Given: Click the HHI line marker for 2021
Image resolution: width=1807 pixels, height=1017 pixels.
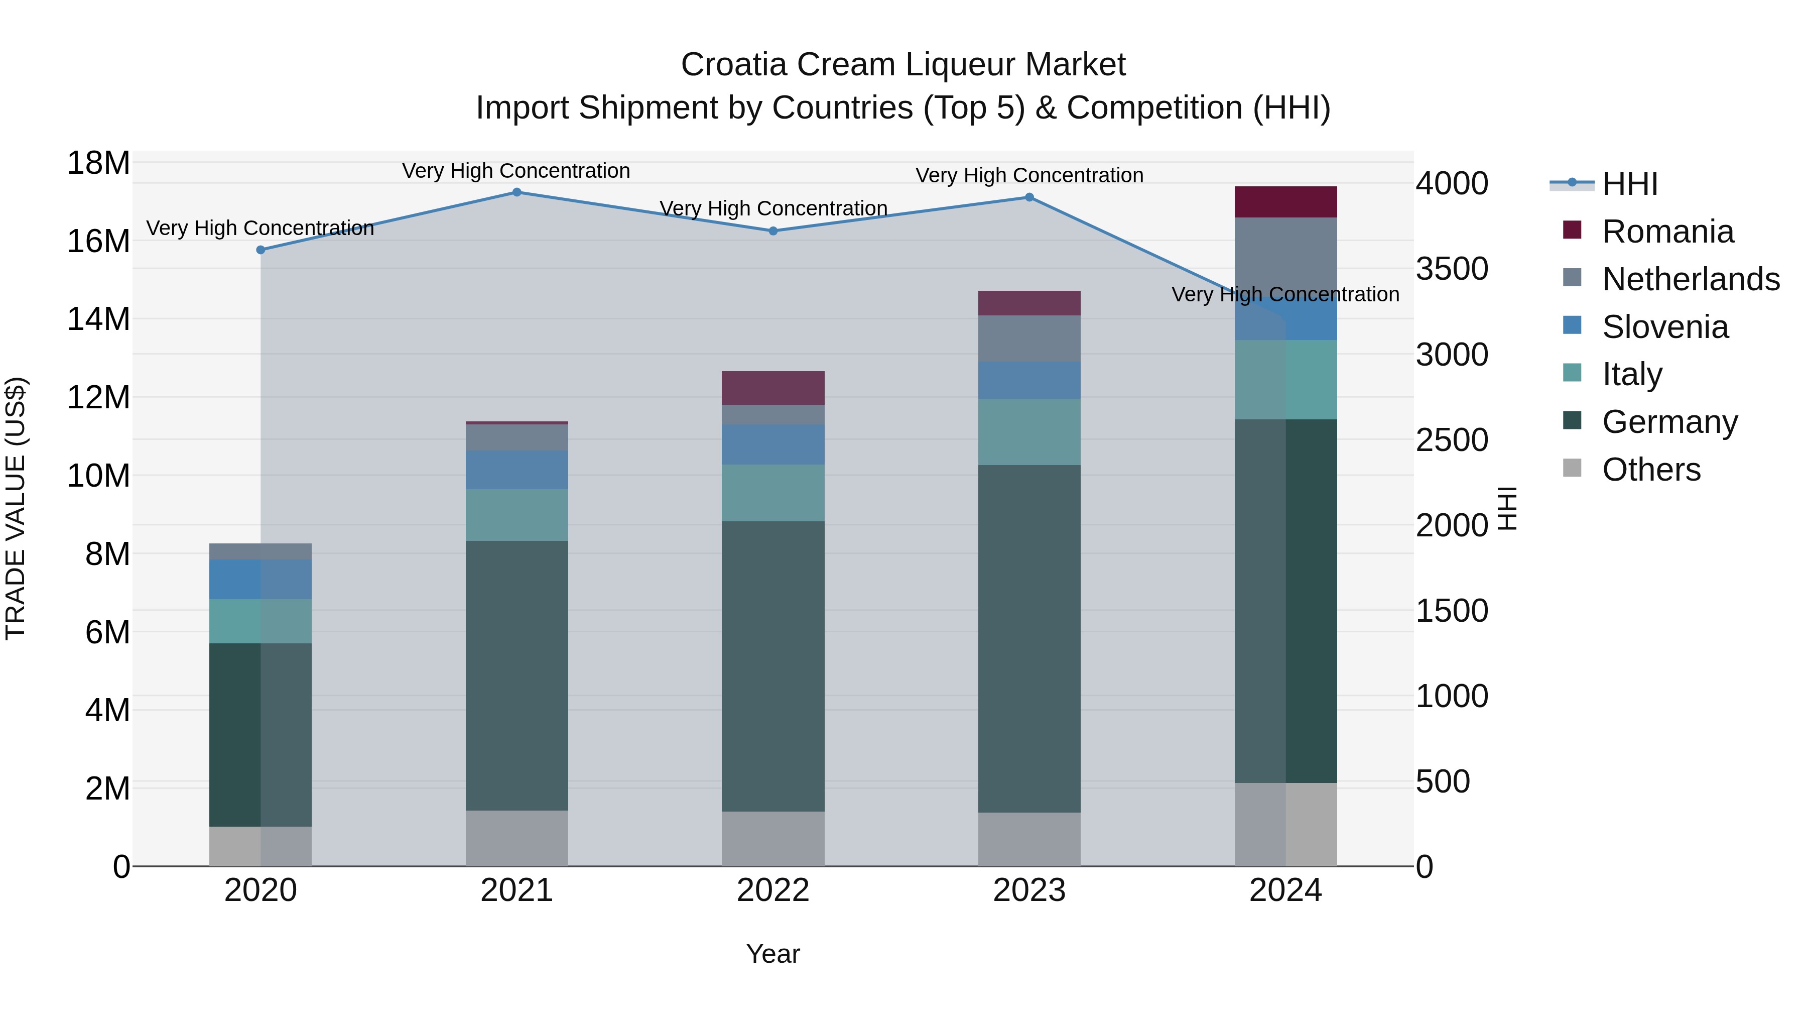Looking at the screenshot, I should point(517,192).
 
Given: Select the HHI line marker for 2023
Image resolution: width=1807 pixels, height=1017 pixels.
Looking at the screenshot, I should point(1029,197).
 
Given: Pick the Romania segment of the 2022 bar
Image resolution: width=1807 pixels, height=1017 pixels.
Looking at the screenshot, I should point(772,388).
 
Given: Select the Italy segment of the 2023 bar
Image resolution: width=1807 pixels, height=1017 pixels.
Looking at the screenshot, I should point(1029,431).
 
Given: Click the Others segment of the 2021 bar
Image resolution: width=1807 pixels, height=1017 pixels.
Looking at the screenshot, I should point(517,838).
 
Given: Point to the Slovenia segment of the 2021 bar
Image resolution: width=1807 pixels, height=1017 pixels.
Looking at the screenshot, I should point(517,470).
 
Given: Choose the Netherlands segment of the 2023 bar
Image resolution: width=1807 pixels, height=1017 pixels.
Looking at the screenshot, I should point(1029,338).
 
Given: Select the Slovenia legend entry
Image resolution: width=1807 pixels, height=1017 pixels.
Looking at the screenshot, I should point(1664,327).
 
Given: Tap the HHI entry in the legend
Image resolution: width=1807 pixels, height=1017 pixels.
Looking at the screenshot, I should point(1629,184).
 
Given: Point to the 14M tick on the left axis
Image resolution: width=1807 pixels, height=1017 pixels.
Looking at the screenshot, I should point(98,319).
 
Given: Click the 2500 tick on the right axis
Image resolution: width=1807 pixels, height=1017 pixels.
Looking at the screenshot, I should point(1451,440).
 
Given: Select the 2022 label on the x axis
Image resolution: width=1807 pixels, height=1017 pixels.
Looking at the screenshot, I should point(772,890).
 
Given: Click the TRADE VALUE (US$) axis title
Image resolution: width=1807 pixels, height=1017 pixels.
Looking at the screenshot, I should point(16,508).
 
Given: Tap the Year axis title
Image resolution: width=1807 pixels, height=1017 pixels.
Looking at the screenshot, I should point(772,954).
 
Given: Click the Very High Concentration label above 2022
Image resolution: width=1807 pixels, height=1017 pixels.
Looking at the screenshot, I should point(773,208).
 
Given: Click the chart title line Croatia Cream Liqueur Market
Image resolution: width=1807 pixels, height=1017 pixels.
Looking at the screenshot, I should point(903,65).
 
